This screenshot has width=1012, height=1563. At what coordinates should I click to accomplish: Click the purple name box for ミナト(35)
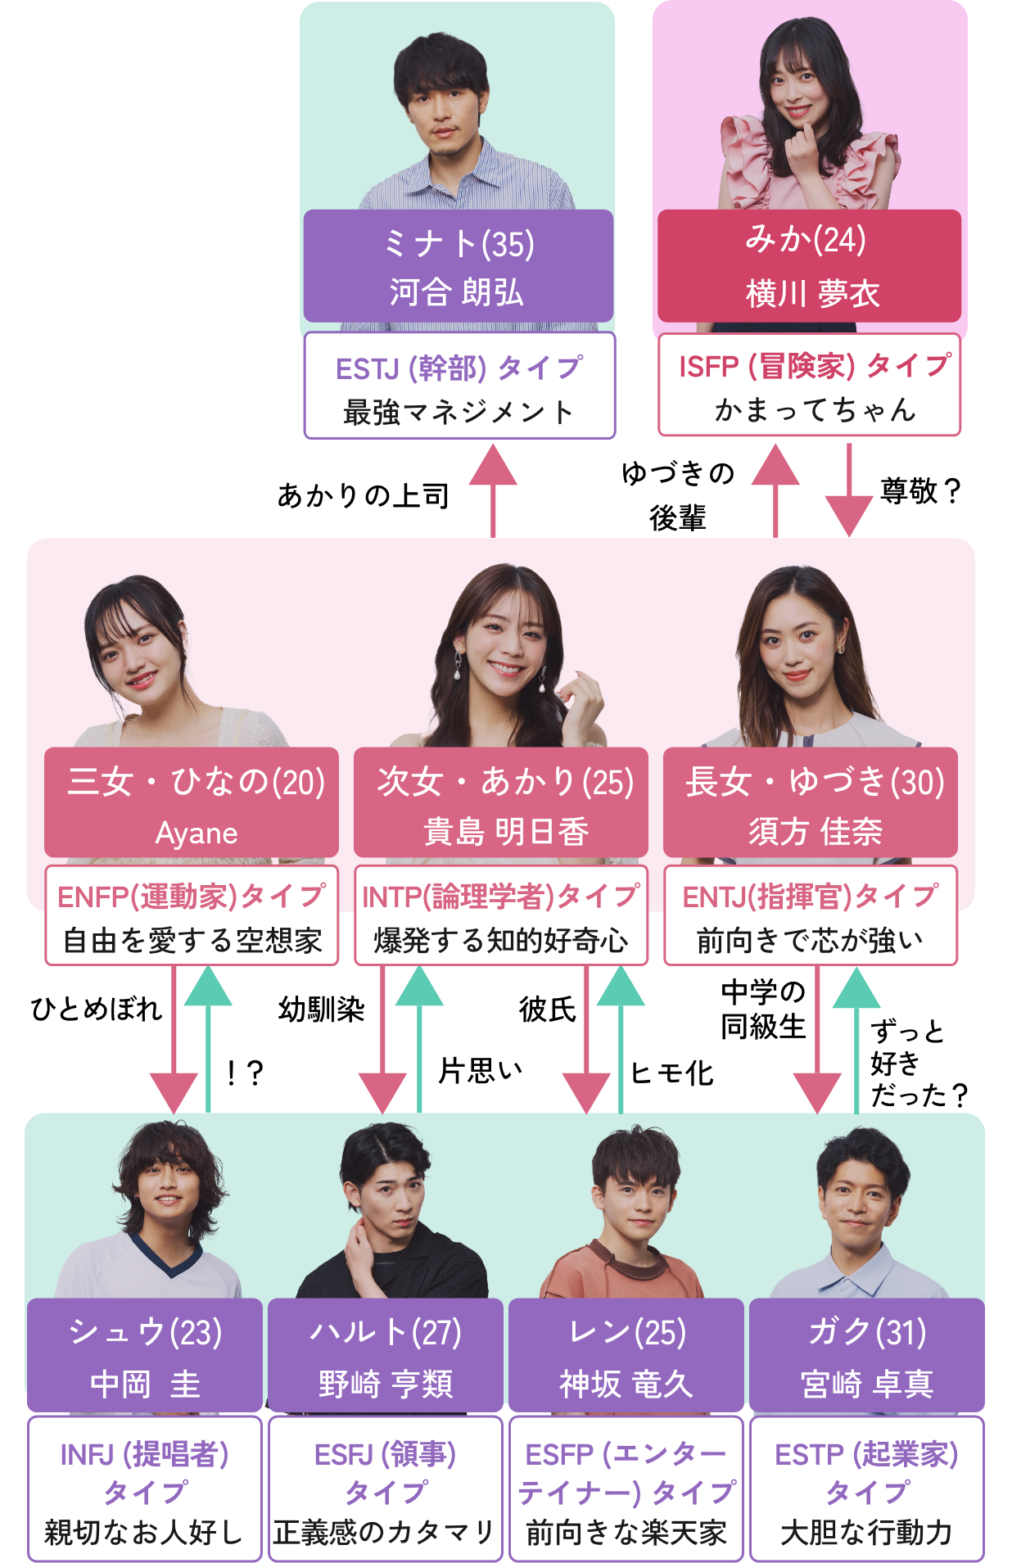click(x=458, y=266)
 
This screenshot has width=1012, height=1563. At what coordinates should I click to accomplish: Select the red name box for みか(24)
click(x=809, y=266)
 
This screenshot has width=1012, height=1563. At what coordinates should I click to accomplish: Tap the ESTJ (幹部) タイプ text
click(x=459, y=368)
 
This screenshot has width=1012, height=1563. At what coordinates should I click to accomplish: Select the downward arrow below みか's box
click(x=849, y=491)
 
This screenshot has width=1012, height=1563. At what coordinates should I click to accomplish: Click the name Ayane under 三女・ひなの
click(x=197, y=833)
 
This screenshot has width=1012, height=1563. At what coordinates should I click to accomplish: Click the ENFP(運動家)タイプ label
click(x=192, y=897)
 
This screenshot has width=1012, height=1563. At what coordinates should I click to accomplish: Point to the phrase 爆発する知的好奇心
click(x=501, y=941)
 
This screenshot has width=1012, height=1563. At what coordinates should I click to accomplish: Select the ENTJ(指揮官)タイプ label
click(x=810, y=897)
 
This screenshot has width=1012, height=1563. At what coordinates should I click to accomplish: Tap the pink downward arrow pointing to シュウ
click(x=174, y=1040)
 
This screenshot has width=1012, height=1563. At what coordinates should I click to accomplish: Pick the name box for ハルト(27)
click(x=386, y=1356)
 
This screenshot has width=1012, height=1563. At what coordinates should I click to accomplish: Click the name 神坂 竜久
click(x=626, y=1384)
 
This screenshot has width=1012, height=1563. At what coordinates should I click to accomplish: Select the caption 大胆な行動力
click(x=866, y=1532)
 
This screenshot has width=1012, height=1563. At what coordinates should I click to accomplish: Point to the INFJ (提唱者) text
click(x=145, y=1455)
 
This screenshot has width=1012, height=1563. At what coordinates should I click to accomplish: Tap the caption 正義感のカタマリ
click(x=385, y=1532)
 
